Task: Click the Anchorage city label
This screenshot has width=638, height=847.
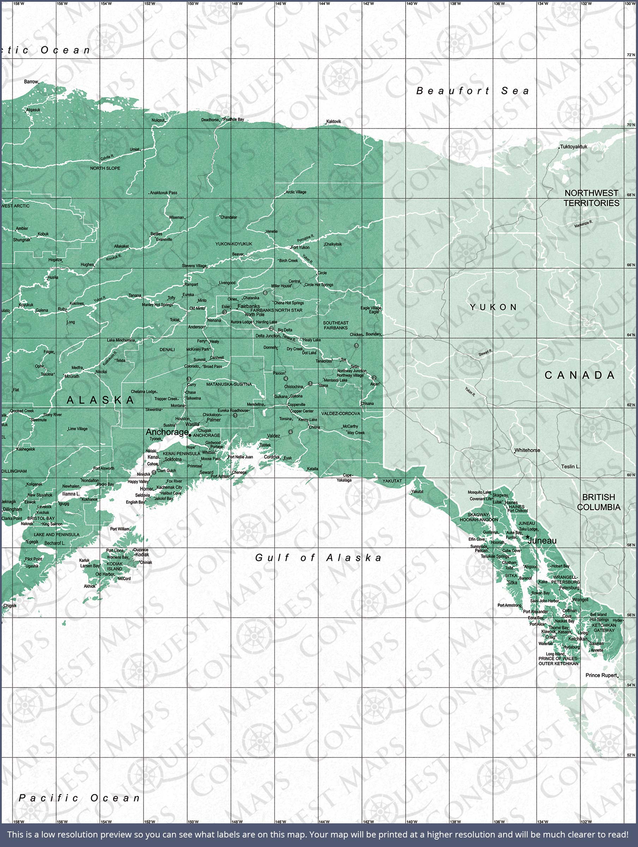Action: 167,432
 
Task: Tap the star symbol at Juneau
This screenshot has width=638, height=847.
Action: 527,537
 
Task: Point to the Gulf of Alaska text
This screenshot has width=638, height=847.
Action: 318,558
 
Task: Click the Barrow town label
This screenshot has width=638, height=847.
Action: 31,82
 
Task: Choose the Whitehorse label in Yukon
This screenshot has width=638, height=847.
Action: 527,450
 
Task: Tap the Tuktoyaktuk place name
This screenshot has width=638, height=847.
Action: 574,147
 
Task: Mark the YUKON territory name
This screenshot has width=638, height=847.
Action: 494,307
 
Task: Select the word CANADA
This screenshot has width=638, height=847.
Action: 579,375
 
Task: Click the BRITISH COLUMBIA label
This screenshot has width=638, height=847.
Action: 598,502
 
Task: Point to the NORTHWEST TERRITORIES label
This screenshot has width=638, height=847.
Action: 591,198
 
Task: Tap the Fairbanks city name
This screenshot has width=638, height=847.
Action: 248,306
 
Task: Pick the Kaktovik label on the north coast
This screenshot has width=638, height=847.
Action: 333,121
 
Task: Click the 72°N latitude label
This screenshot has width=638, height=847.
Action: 630,55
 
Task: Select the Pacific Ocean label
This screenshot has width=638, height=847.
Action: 80,798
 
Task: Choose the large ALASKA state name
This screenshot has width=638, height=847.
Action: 100,400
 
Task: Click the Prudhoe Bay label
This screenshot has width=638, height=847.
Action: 234,120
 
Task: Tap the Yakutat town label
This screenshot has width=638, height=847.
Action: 417,491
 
